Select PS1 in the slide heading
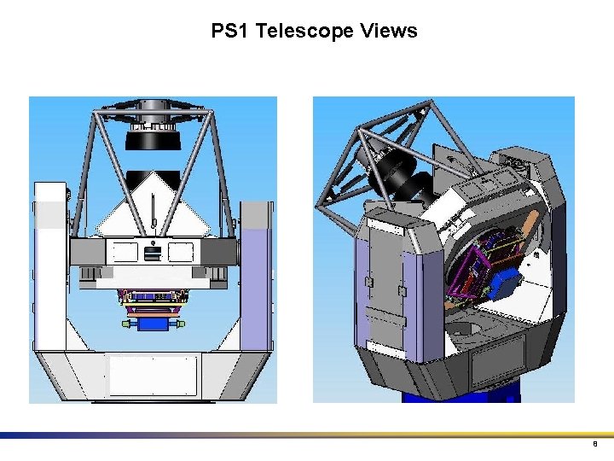230,32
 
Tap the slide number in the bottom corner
594,445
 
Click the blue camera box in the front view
153,324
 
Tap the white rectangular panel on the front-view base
153,376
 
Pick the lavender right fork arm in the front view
256,273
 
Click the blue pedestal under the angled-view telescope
460,396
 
